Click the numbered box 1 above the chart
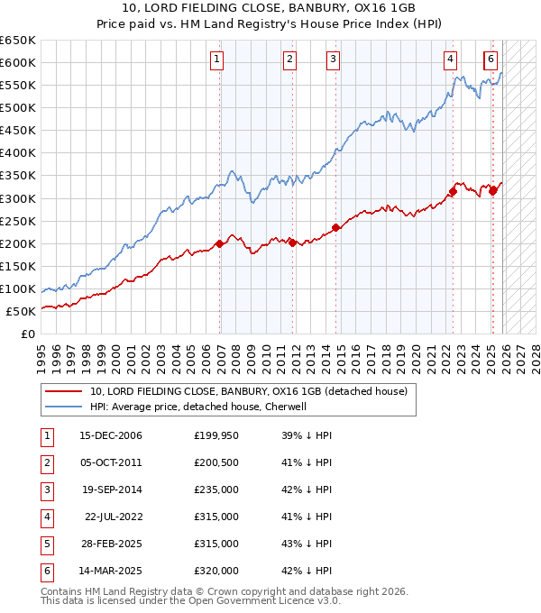(218, 59)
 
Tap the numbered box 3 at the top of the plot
(333, 59)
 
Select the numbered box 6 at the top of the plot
(490, 59)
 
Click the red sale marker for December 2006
(220, 243)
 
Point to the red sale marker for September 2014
(335, 227)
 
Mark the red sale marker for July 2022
(453, 191)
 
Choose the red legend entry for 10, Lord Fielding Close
(249, 391)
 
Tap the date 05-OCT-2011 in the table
(111, 463)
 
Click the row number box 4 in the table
(45, 517)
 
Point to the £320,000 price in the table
(216, 570)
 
